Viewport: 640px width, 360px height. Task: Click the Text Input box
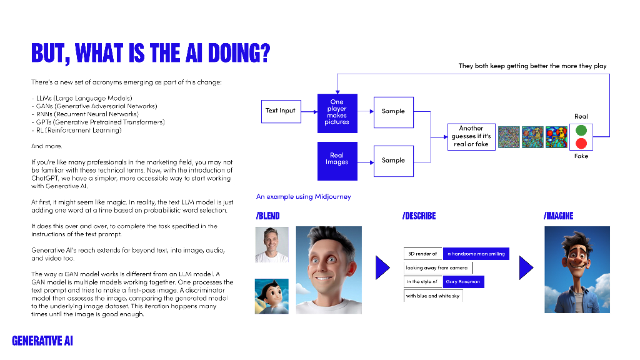(280, 111)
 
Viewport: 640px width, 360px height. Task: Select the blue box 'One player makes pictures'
(337, 111)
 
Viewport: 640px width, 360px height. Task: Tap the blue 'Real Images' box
(337, 159)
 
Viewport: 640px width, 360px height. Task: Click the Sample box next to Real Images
(393, 160)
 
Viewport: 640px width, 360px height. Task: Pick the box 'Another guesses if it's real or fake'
(471, 136)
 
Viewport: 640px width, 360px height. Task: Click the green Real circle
(581, 131)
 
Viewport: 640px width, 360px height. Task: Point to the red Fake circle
(581, 144)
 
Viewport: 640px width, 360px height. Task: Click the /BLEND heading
(267, 216)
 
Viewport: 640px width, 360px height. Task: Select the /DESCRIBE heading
(419, 216)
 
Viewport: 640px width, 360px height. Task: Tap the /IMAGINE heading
(558, 216)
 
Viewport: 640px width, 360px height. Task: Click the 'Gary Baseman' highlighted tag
(463, 282)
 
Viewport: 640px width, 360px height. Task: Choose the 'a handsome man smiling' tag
(476, 254)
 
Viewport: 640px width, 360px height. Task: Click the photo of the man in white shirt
(272, 244)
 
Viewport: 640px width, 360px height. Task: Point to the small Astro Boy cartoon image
(272, 296)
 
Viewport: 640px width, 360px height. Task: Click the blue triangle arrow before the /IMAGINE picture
(526, 267)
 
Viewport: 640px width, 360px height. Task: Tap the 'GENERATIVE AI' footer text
(42, 341)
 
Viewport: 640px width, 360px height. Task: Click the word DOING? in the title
(234, 53)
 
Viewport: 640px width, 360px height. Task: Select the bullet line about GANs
(94, 106)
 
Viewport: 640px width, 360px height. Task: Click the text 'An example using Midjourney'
(303, 196)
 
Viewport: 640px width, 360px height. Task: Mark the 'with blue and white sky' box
(432, 296)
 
